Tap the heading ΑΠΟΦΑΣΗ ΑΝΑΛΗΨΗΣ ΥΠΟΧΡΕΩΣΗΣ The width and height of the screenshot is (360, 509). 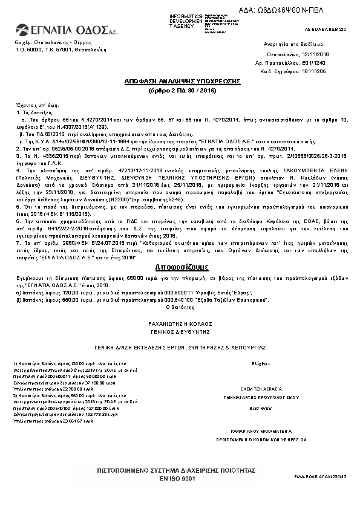click(183, 81)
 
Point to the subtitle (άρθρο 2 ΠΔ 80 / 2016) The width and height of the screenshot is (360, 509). click(183, 90)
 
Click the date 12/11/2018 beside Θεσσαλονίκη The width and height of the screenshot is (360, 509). click(301, 54)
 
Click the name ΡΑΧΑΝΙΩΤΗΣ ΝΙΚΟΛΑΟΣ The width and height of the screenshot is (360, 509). click(183, 324)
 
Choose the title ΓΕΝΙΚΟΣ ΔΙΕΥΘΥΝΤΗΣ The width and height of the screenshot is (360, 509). click(183, 331)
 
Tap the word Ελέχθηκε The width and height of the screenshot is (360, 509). click(260, 364)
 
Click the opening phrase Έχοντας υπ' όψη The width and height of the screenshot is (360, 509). click(31, 104)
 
